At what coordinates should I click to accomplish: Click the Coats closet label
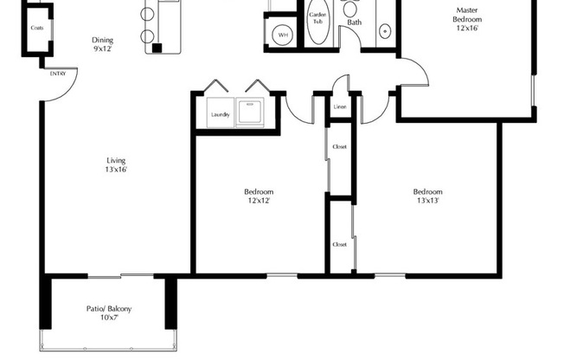point(36,28)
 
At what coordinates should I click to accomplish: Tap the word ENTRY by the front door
point(58,74)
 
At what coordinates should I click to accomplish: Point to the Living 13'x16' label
point(117,165)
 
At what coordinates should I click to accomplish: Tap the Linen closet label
point(340,106)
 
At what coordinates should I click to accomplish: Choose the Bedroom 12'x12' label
point(259,196)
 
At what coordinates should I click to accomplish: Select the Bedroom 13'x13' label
point(427,196)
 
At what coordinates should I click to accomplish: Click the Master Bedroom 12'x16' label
point(468,19)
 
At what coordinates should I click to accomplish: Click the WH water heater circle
point(283,35)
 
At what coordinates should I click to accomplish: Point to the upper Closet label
point(339,147)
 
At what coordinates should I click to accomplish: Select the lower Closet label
point(339,245)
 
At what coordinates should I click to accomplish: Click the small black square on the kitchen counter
point(157,47)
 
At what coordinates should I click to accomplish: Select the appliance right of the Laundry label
point(251,113)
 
